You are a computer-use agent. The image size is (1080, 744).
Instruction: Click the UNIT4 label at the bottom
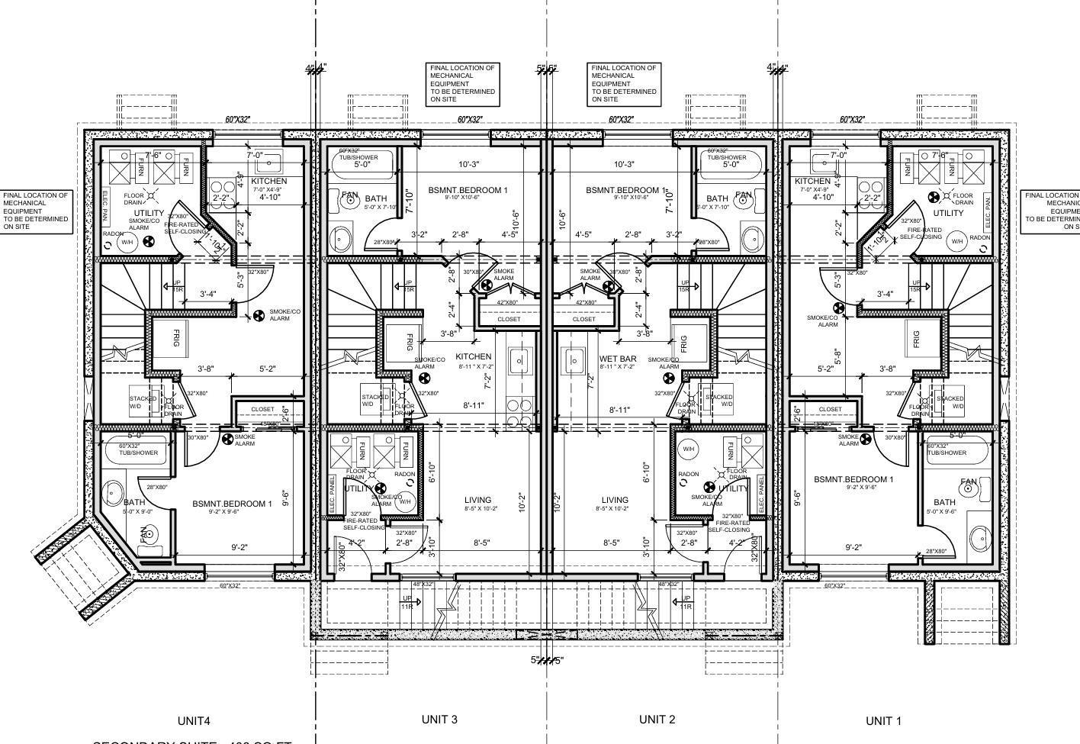click(x=194, y=720)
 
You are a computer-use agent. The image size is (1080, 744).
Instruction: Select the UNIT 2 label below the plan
click(x=657, y=719)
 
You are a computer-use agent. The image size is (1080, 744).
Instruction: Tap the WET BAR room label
click(x=618, y=358)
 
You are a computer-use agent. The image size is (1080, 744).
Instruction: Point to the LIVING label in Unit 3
click(x=477, y=501)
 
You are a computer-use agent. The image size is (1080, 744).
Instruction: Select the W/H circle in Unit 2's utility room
click(x=689, y=449)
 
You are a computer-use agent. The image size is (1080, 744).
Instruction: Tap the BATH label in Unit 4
click(x=134, y=502)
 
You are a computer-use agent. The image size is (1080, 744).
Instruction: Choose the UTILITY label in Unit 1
click(x=948, y=213)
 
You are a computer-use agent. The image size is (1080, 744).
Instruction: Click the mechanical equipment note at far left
click(x=36, y=211)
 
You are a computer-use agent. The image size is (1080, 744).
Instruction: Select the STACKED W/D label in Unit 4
click(x=142, y=402)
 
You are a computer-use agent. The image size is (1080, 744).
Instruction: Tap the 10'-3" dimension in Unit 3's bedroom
click(x=469, y=164)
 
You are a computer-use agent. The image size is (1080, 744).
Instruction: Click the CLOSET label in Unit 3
click(x=509, y=319)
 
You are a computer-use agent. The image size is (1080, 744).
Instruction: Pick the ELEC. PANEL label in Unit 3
click(x=333, y=494)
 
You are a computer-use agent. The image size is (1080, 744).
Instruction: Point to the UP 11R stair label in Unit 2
click(x=684, y=602)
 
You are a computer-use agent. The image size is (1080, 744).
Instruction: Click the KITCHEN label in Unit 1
click(x=812, y=181)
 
